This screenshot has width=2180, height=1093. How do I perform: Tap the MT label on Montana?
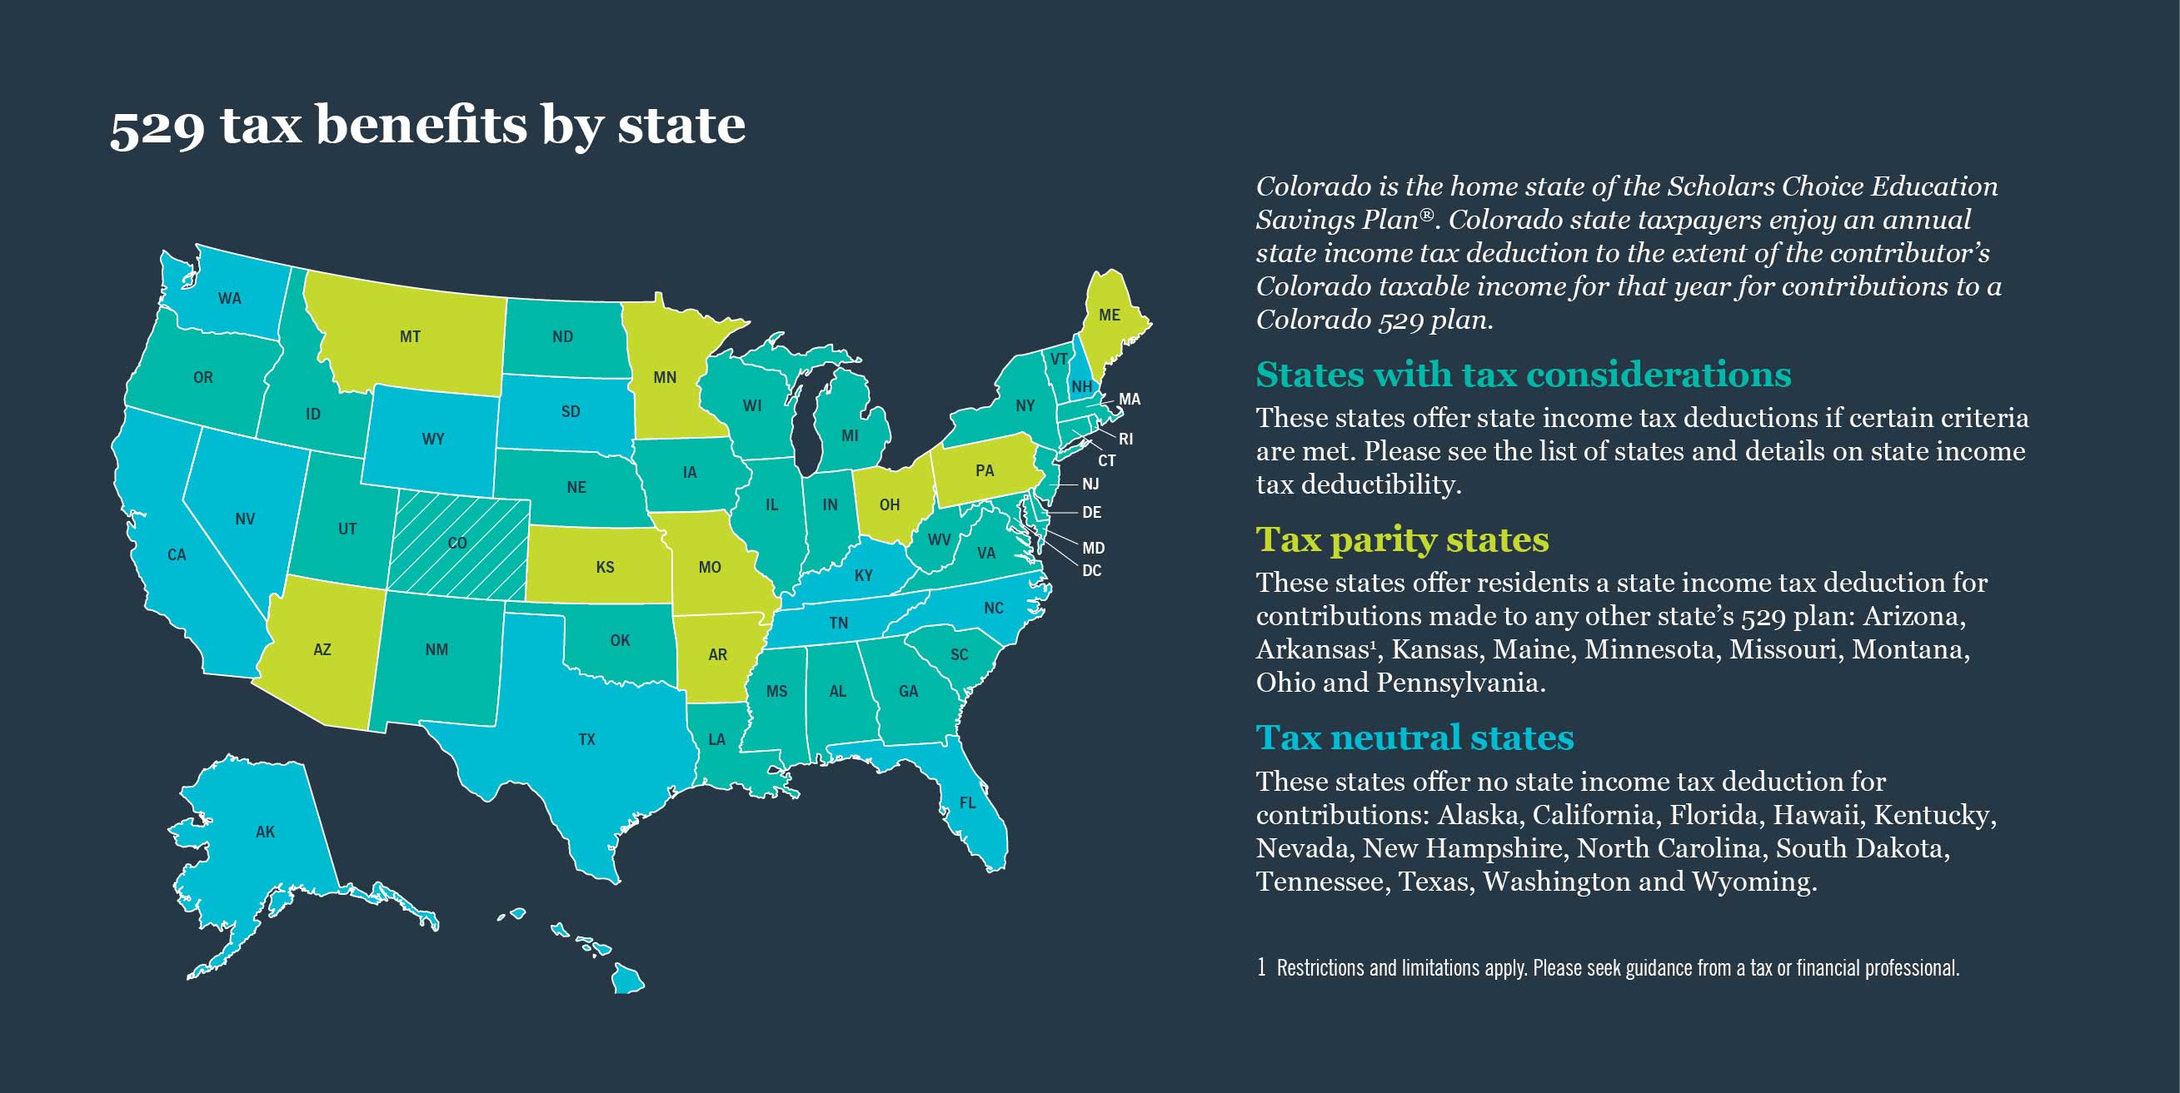pos(410,336)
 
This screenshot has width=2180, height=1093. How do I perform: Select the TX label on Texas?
pos(586,739)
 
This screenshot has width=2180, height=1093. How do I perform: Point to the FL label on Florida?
pos(967,802)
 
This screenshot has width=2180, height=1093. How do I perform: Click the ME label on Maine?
pos(1109,315)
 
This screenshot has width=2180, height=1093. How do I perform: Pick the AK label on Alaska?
pos(265,832)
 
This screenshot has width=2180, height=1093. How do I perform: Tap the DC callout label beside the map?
pos(1092,571)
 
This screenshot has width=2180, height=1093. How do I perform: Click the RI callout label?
pos(1125,439)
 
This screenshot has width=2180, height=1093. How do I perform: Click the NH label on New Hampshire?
pos(1081,386)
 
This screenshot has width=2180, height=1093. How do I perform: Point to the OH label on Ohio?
pos(889,505)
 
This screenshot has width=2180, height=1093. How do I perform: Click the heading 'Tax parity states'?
pos(1401,539)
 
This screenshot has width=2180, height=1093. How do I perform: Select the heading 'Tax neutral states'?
pos(1414,738)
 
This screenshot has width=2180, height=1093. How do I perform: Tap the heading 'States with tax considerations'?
pos(1523,375)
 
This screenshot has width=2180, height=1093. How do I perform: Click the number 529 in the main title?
pos(157,126)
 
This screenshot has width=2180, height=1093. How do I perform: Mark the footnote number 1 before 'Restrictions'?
pos(1261,967)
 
